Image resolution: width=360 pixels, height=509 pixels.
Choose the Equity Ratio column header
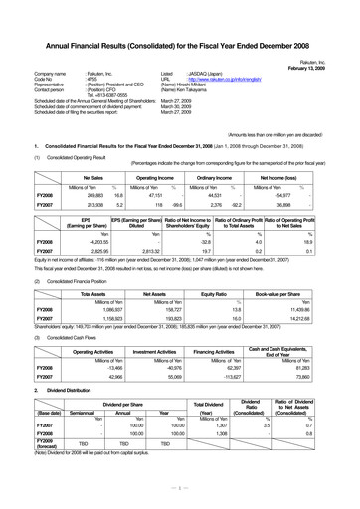[226, 296]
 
